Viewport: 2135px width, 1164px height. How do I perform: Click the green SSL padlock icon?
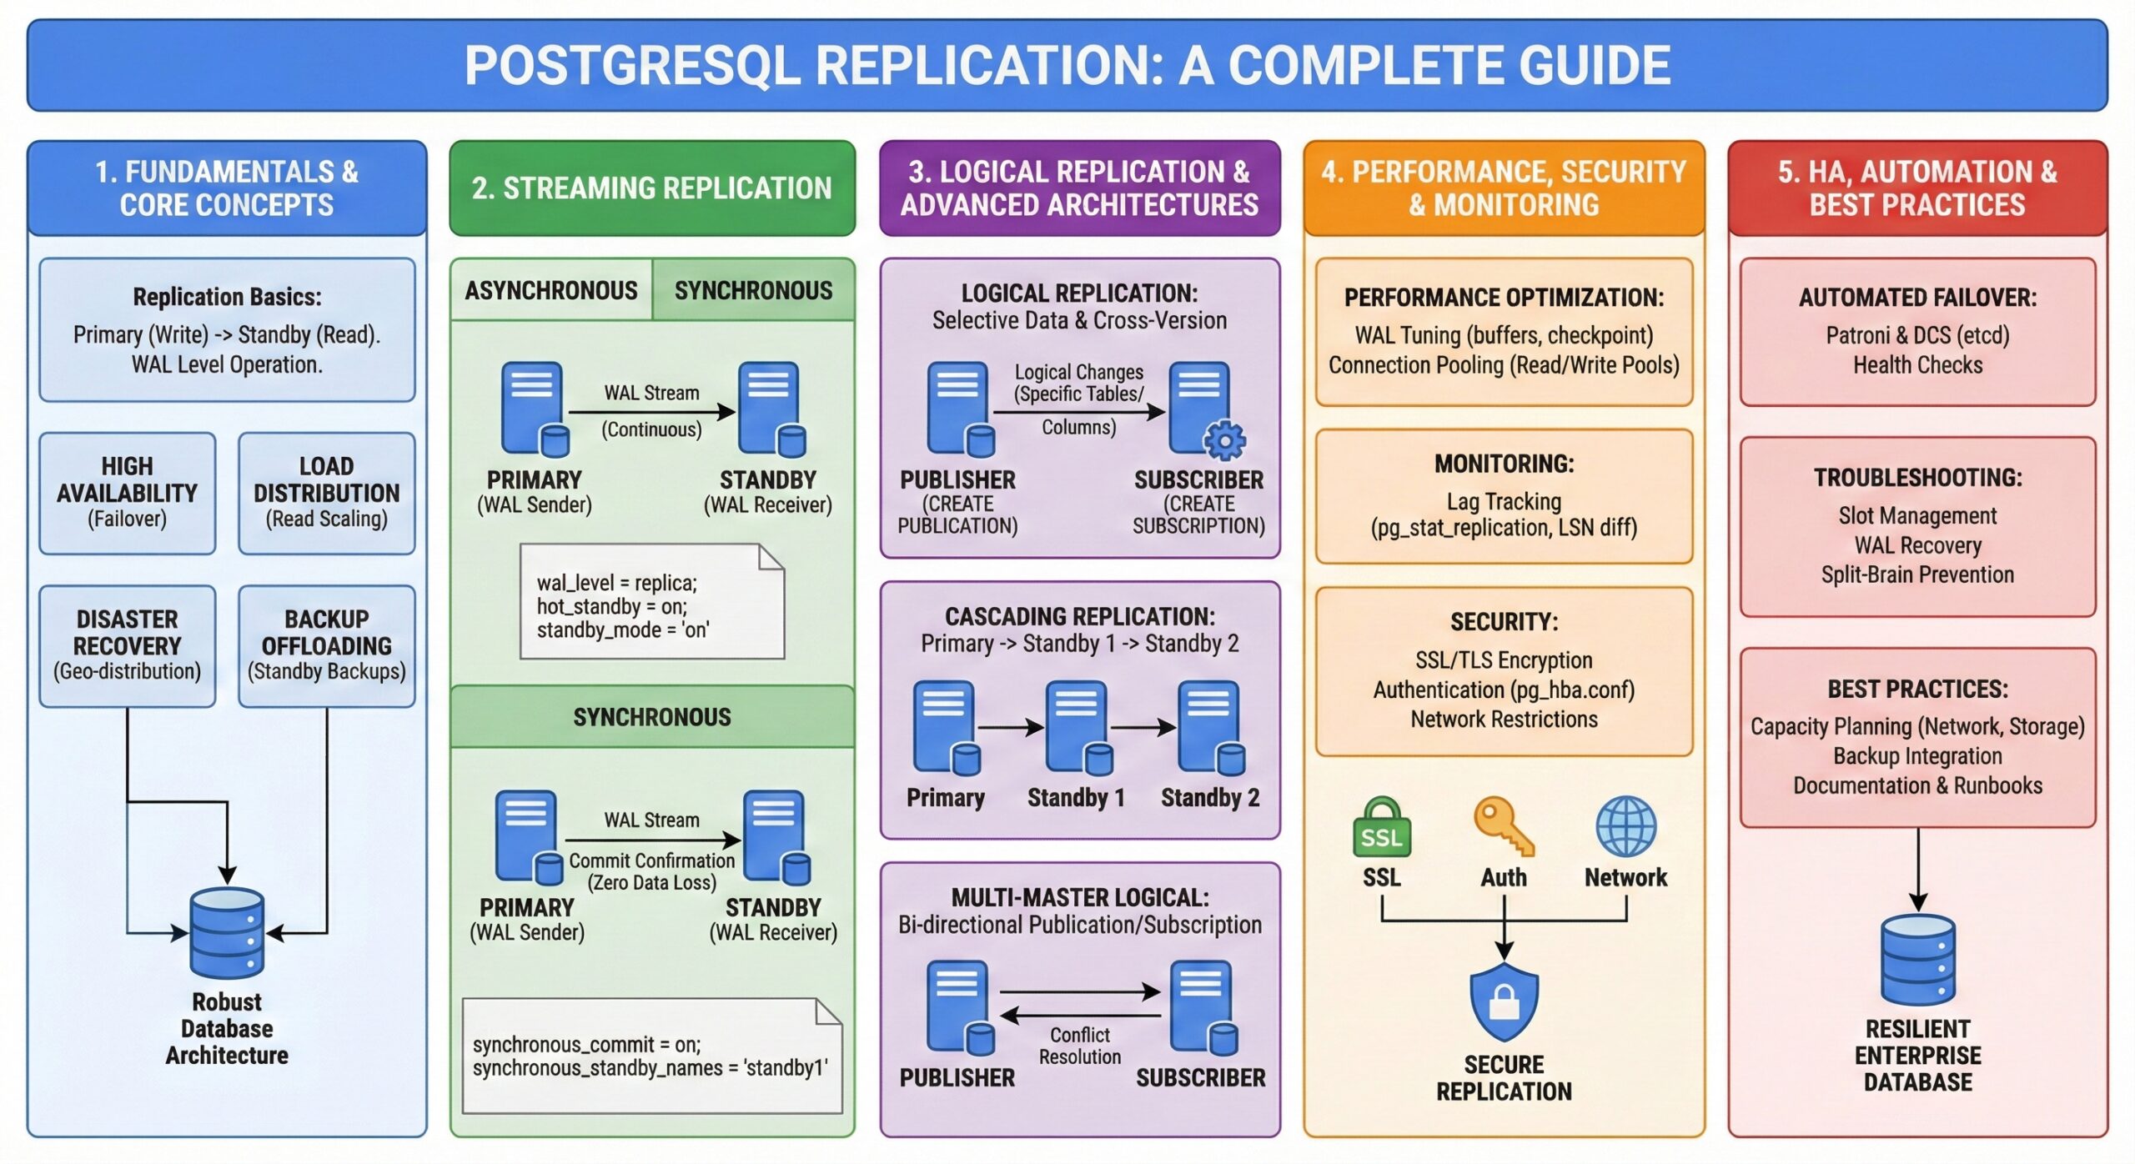[1381, 828]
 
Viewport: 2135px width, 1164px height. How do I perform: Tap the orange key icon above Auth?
[1503, 826]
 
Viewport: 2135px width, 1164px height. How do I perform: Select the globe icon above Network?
[1625, 826]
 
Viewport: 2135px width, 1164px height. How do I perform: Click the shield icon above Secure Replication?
[1504, 1001]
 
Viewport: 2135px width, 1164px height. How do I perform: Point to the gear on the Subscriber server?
[1224, 440]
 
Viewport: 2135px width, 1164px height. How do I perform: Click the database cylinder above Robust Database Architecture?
[227, 933]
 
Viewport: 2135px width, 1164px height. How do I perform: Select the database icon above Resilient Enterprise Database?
[1917, 960]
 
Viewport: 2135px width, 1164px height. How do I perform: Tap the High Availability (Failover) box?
[128, 493]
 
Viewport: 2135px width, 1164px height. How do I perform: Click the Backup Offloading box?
[326, 645]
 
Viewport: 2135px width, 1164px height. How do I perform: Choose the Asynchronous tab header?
[551, 290]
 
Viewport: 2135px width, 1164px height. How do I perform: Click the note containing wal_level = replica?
[651, 602]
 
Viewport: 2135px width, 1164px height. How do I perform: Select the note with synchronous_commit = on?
[651, 1056]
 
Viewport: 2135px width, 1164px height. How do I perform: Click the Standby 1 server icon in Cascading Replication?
[1077, 726]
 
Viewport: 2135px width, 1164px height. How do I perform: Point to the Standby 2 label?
[1209, 798]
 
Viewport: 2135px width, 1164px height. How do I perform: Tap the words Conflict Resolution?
[1080, 1046]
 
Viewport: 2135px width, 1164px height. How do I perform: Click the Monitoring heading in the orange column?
[1504, 464]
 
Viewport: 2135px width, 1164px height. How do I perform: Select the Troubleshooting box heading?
[1917, 478]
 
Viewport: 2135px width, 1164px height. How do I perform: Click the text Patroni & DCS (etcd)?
[1917, 335]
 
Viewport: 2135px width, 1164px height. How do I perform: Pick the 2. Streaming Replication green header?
[651, 188]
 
